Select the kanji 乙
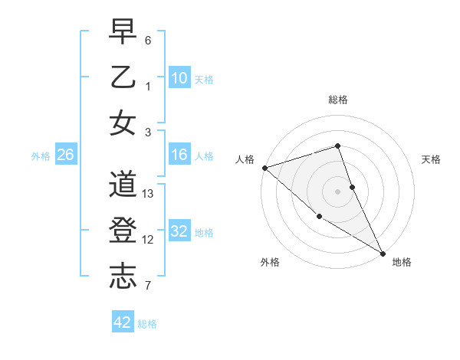(x=123, y=78)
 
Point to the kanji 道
(x=123, y=186)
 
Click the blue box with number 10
(x=179, y=78)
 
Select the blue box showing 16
(x=179, y=155)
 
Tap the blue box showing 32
(x=179, y=231)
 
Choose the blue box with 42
(x=123, y=322)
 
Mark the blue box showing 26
(x=66, y=155)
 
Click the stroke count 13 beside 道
(x=149, y=194)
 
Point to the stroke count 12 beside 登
(x=149, y=239)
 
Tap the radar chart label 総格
(x=337, y=100)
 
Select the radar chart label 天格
(x=431, y=159)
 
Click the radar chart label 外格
(x=270, y=262)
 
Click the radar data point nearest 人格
(x=264, y=168)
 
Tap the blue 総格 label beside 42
(x=147, y=323)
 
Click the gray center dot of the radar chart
(x=337, y=191)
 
